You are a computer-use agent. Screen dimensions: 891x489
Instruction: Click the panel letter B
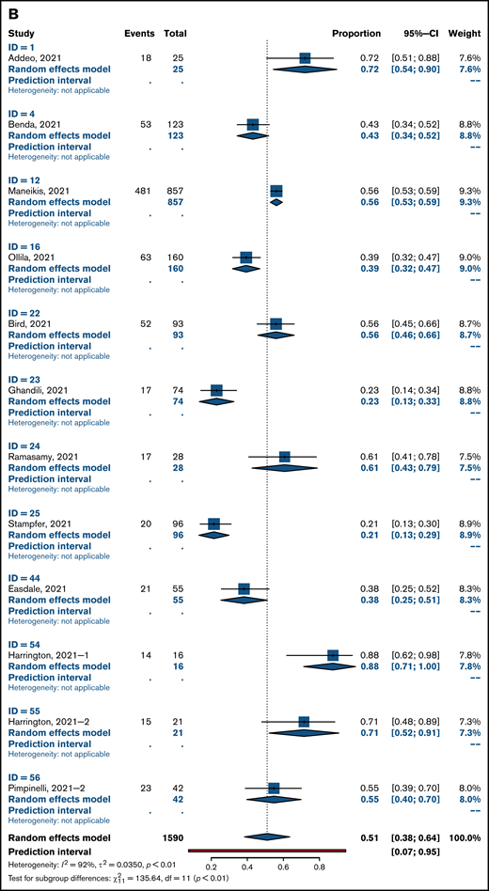coord(9,10)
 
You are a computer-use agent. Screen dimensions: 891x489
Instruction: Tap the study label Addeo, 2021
coord(37,58)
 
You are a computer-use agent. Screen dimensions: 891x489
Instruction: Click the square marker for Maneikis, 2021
coord(276,190)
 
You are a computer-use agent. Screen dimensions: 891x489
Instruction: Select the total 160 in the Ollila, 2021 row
coord(175,257)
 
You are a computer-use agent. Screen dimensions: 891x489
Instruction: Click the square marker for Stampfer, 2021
coord(213,522)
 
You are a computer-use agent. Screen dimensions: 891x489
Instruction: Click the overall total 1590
coord(172,837)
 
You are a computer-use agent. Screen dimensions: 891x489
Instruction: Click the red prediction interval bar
coord(268,850)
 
